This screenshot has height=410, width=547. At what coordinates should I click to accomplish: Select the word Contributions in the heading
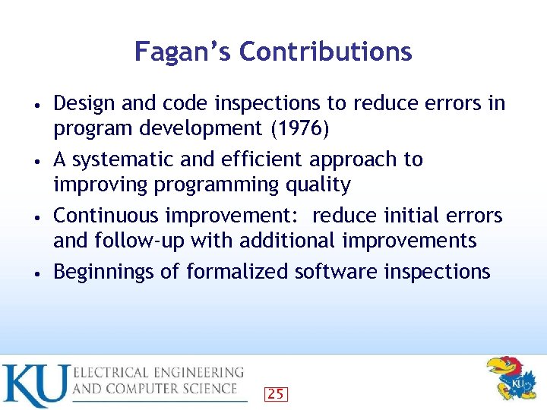[325, 52]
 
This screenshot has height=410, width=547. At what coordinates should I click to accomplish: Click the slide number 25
[277, 393]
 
